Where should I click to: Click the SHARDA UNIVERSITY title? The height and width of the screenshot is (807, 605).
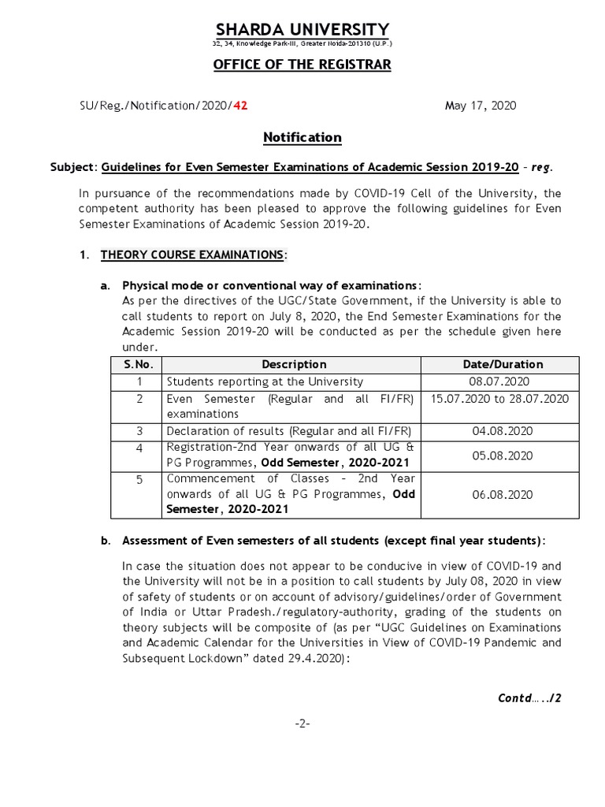302,30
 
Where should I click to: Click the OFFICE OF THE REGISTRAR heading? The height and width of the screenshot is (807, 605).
302,64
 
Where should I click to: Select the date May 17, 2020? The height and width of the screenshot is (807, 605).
481,106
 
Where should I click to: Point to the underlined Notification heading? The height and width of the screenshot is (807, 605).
302,137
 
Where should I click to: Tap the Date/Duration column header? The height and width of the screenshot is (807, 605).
503,364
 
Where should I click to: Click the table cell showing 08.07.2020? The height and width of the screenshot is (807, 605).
503,381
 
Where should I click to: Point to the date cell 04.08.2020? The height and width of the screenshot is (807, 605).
503,431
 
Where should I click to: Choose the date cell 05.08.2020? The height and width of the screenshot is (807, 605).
503,456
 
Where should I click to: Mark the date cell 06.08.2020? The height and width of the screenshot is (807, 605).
503,494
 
